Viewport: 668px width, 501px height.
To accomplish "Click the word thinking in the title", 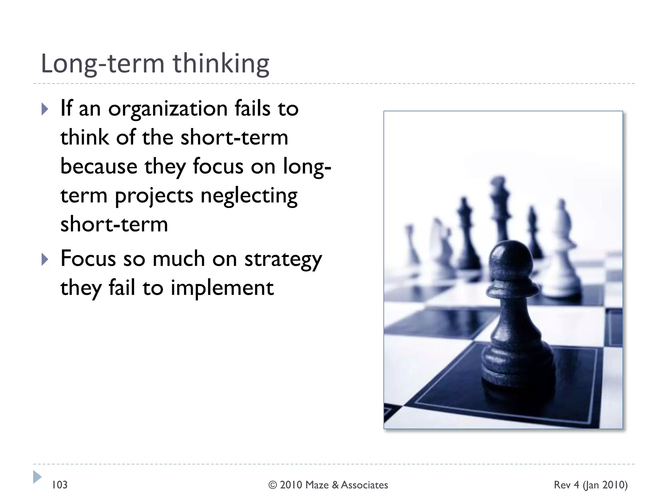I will [221, 64].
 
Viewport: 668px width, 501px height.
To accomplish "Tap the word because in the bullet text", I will [99, 166].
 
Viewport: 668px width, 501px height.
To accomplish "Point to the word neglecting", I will [249, 196].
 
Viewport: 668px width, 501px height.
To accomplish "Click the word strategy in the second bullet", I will [283, 259].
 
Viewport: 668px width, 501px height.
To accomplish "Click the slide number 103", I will [60, 485].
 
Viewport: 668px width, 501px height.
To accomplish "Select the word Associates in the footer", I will [364, 485].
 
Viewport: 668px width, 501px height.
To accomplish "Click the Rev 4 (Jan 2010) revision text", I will [590, 485].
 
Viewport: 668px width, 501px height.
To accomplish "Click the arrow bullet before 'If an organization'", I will [45, 109].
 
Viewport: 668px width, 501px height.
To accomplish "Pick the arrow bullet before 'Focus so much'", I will [45, 260].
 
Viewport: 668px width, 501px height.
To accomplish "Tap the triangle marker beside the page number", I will [37, 477].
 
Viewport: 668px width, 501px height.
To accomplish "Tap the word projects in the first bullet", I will [154, 196].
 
